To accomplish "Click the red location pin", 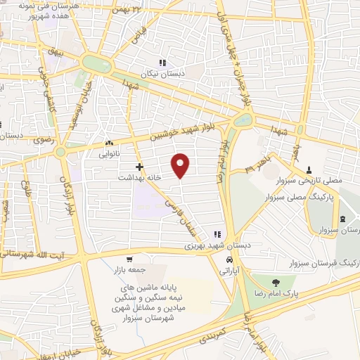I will (x=181, y=165).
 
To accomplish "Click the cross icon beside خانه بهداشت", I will (x=140, y=167).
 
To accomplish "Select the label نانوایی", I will (x=110, y=152).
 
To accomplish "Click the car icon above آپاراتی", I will (x=228, y=259).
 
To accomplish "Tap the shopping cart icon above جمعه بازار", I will (x=110, y=259).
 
